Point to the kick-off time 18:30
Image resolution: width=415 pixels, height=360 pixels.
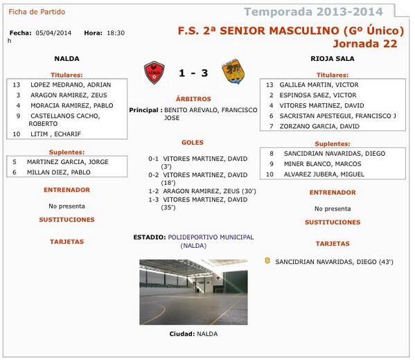pyautogui.click(x=116, y=33)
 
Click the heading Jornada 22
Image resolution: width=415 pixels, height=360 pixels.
pyautogui.click(x=367, y=43)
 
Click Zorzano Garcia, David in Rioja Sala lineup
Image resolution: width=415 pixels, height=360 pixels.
pyautogui.click(x=319, y=126)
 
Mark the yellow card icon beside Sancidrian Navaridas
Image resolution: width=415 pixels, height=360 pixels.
pyautogui.click(x=267, y=261)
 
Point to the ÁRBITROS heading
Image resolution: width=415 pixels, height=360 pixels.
pyautogui.click(x=193, y=100)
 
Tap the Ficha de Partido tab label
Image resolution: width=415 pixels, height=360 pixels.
pyautogui.click(x=33, y=12)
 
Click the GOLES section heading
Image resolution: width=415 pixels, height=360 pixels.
pyautogui.click(x=193, y=143)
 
